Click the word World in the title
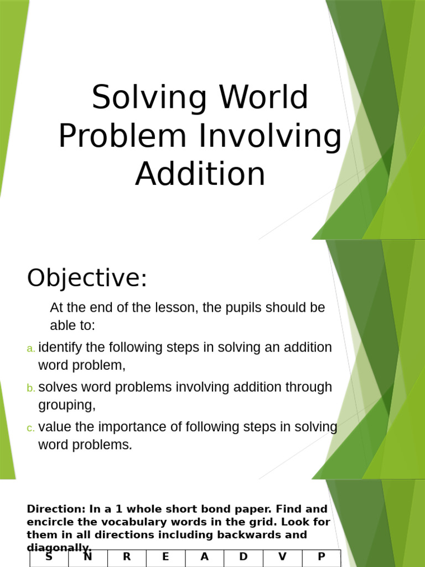(x=263, y=97)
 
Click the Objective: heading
(x=87, y=277)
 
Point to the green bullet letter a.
(x=31, y=348)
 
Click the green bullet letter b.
(x=31, y=388)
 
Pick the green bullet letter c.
(x=31, y=428)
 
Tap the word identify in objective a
(x=60, y=348)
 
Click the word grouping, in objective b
(x=66, y=405)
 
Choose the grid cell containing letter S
(x=49, y=558)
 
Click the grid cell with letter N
(x=87, y=558)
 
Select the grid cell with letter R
(x=127, y=558)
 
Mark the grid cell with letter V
(x=282, y=558)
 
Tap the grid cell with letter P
(x=322, y=558)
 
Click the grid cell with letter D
(x=243, y=558)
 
